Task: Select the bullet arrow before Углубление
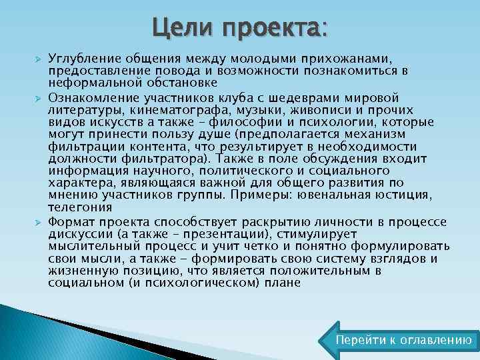coord(39,59)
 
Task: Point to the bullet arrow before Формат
coord(39,222)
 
